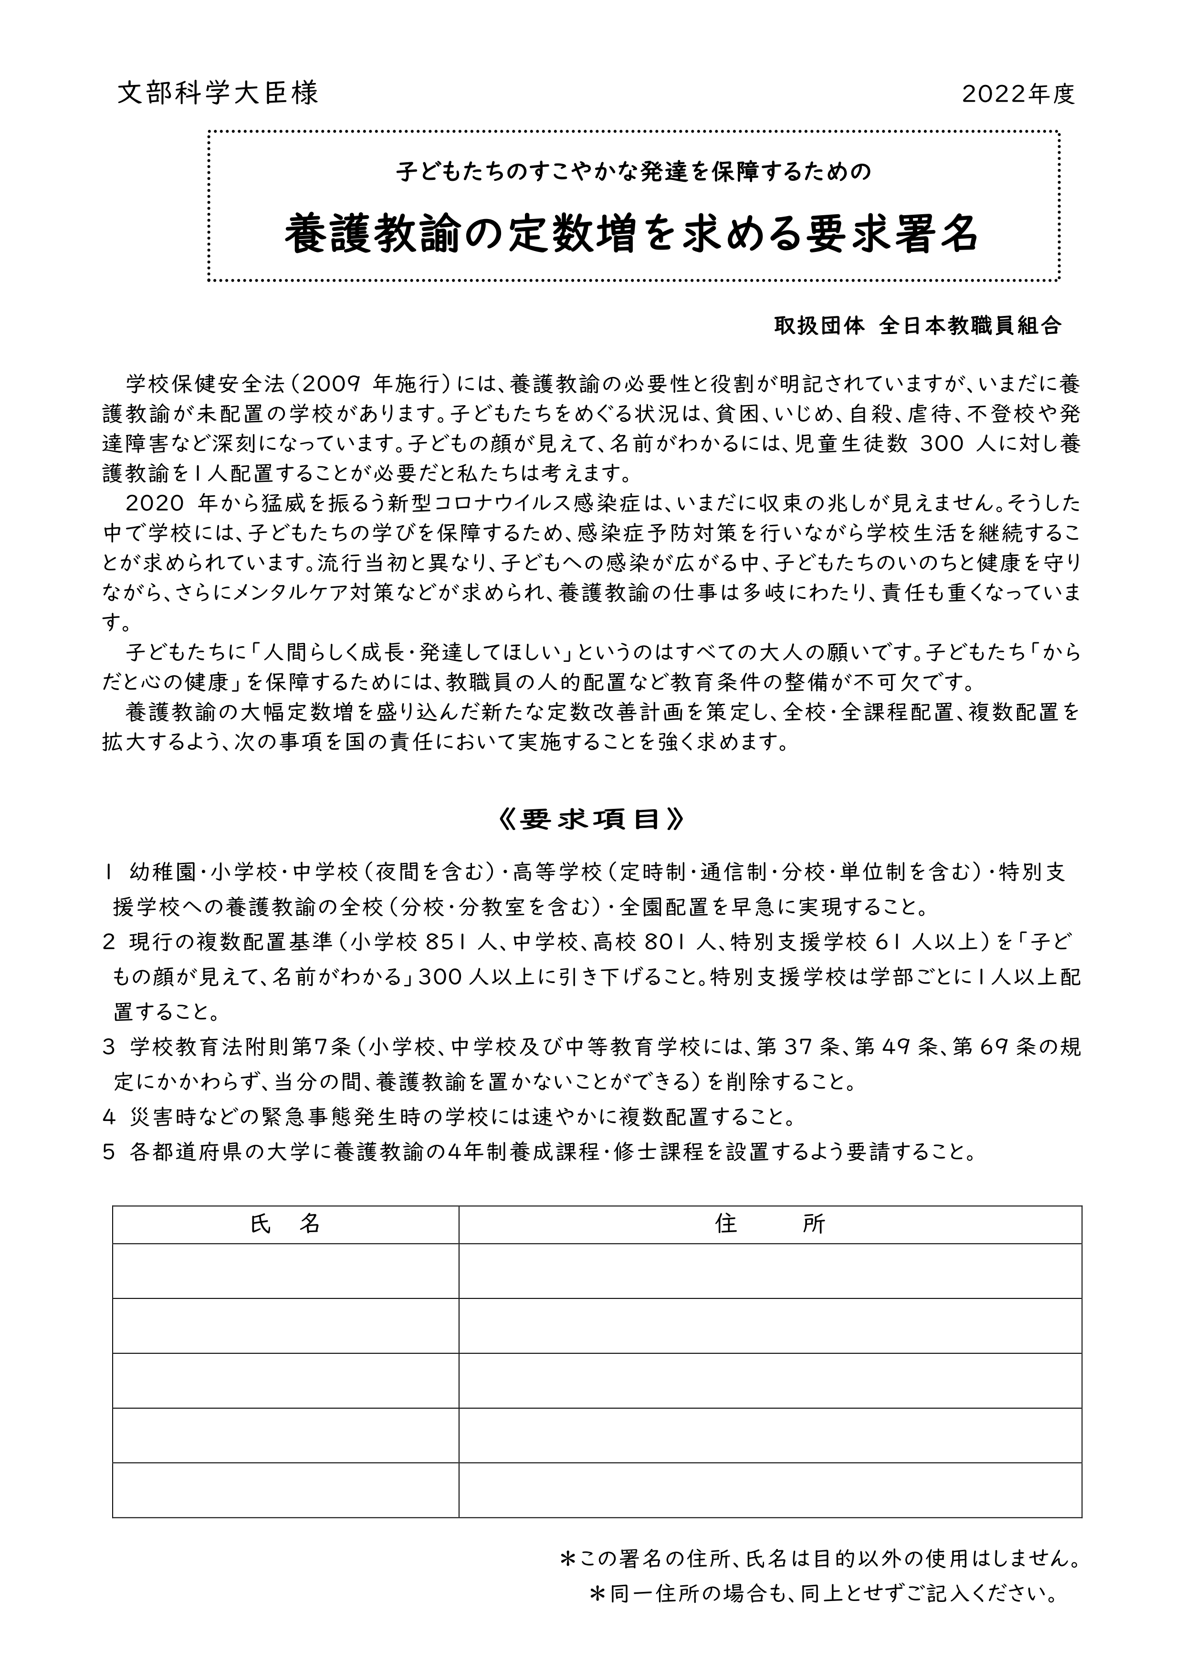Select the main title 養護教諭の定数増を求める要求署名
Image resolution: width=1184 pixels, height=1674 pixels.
[631, 233]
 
